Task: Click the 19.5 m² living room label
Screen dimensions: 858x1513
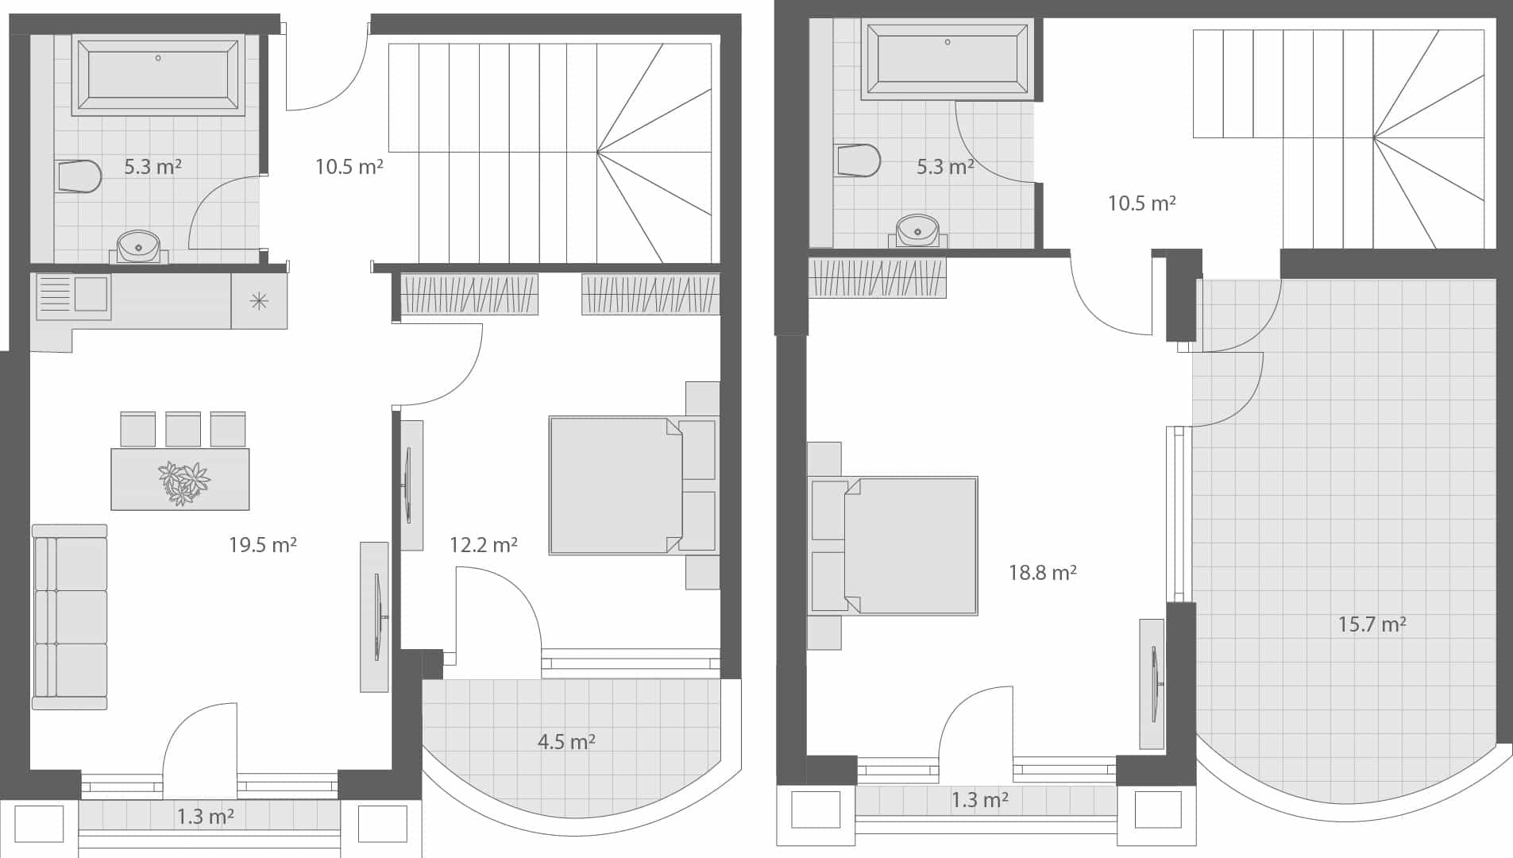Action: coord(262,545)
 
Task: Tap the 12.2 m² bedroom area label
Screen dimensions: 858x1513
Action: coord(483,545)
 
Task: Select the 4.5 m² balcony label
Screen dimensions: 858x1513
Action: coord(566,742)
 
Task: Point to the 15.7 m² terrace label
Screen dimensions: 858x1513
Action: coord(1372,624)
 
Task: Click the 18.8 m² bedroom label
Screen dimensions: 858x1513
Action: coord(1042,573)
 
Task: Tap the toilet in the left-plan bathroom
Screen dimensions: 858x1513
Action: coord(79,176)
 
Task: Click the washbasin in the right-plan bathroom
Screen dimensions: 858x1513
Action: coord(918,230)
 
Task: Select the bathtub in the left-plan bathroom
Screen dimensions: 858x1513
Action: coord(158,74)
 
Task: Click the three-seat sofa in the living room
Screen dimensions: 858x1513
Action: coord(70,616)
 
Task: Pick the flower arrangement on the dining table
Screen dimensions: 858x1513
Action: coord(183,481)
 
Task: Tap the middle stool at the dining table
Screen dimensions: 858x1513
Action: coord(183,429)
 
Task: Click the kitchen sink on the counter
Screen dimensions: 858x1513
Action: coord(73,296)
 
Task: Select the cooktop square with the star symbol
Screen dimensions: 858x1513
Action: coord(259,301)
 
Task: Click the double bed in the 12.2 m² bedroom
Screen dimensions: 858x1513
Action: coord(616,485)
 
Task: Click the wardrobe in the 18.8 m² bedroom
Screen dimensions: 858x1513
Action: coord(877,278)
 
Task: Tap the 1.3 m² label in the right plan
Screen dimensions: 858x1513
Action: coord(979,800)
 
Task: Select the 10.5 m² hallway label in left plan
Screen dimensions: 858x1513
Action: coord(349,167)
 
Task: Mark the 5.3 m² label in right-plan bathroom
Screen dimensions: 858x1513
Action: coord(945,167)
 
